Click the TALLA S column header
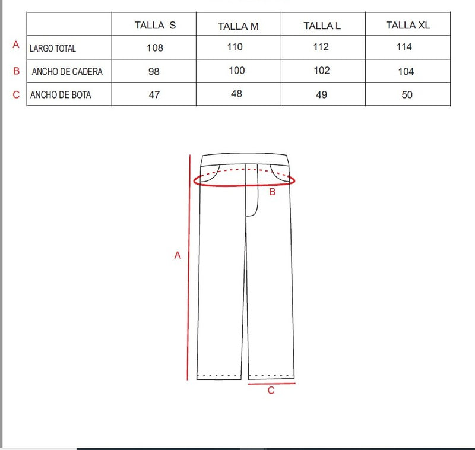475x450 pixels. pyautogui.click(x=155, y=25)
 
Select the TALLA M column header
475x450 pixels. pyautogui.click(x=239, y=26)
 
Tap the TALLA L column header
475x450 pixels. pyautogui.click(x=322, y=26)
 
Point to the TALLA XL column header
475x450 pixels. pyautogui.click(x=408, y=25)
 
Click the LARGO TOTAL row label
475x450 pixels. pyautogui.click(x=53, y=49)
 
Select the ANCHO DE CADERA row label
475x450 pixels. pyautogui.click(x=67, y=71)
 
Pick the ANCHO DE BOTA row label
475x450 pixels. pyautogui.click(x=61, y=95)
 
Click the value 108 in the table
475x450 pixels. pyautogui.click(x=155, y=48)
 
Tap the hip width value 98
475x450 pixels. pyautogui.click(x=154, y=71)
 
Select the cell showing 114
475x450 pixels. pyautogui.click(x=404, y=47)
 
